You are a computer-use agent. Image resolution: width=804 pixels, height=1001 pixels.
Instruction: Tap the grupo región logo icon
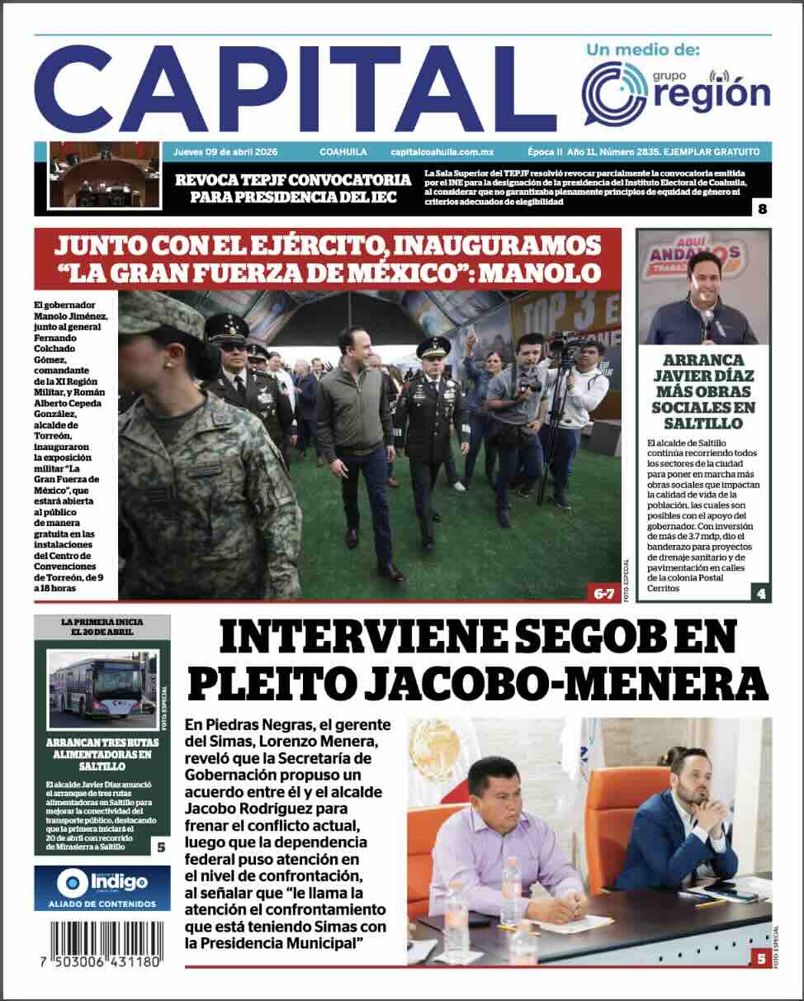tap(614, 93)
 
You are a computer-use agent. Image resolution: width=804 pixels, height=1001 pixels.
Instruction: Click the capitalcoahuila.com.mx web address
tap(442, 152)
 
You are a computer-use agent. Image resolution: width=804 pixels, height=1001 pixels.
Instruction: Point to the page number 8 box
tap(762, 209)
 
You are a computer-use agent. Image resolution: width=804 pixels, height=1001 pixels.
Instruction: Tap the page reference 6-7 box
tap(604, 592)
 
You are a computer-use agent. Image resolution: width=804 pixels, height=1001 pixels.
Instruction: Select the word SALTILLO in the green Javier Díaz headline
tap(704, 424)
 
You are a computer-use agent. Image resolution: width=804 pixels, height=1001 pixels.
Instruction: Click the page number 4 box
tap(760, 592)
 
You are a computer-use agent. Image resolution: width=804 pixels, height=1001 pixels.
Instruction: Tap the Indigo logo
tap(102, 881)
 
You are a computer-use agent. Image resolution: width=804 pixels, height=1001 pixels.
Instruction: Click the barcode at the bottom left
tap(106, 940)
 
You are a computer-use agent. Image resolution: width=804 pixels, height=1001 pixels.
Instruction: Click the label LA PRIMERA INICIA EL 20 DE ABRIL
tap(102, 626)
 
